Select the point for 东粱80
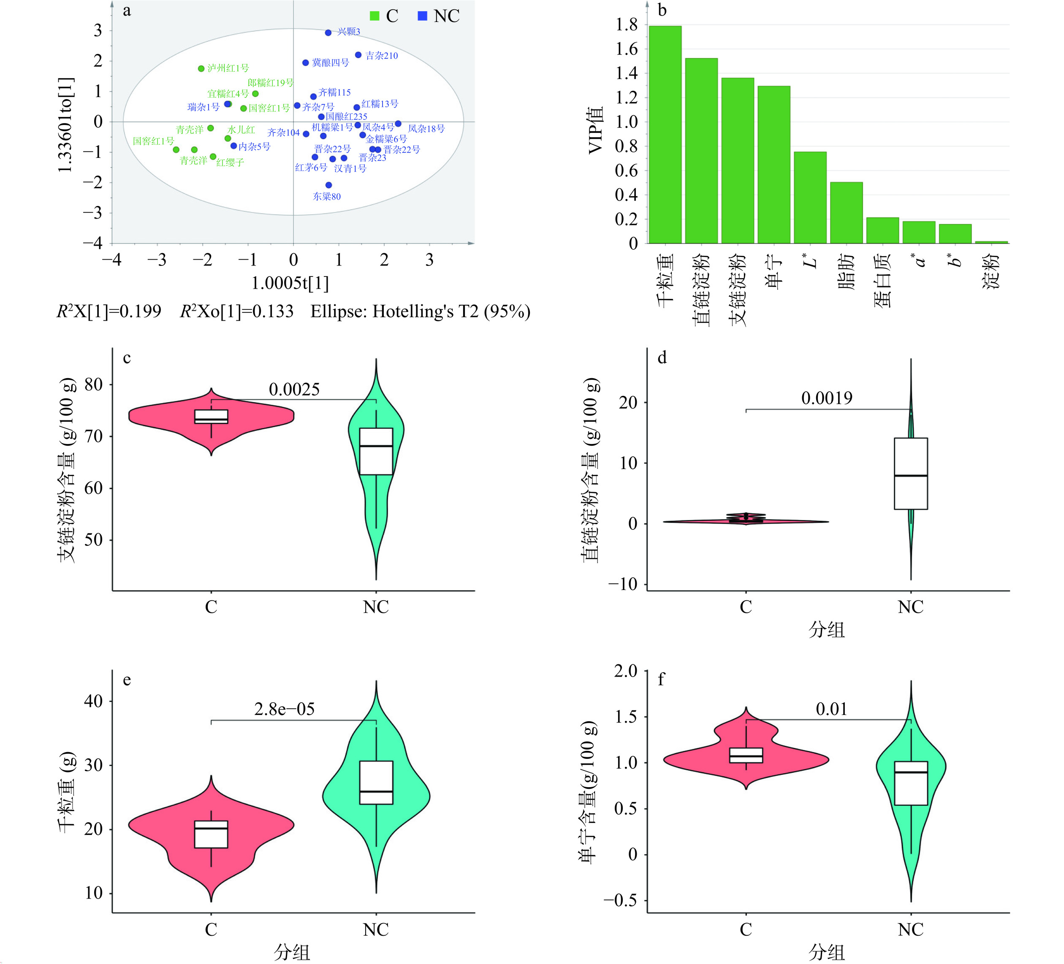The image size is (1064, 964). (x=329, y=185)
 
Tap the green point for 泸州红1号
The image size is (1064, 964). (x=201, y=69)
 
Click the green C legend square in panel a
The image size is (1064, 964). (x=375, y=16)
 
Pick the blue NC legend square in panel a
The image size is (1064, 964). (x=422, y=16)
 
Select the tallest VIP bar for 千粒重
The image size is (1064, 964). (x=665, y=135)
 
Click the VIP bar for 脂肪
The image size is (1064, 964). (x=846, y=213)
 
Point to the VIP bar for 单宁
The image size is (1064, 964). (x=774, y=165)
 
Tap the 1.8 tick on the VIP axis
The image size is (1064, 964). (x=627, y=25)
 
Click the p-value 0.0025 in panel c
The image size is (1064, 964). (x=294, y=390)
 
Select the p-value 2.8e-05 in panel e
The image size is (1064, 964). (x=285, y=709)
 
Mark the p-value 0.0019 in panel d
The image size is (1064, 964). (x=827, y=398)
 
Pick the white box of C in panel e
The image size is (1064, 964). (x=211, y=834)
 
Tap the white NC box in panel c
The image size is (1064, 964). (x=376, y=451)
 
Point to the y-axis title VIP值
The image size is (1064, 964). (x=596, y=130)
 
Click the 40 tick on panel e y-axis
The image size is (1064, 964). (x=93, y=701)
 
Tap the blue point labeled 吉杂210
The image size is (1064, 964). (x=358, y=55)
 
